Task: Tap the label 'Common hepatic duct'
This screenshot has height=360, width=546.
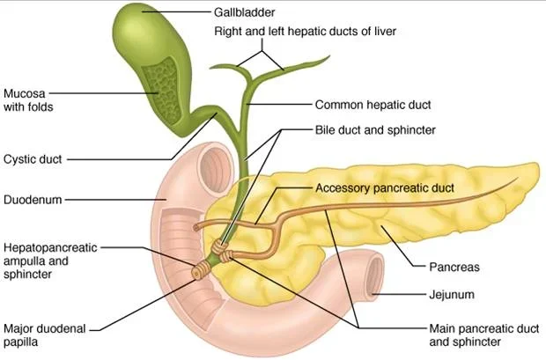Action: pyautogui.click(x=373, y=105)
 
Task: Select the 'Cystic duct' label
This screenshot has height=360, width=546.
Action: pyautogui.click(x=30, y=159)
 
